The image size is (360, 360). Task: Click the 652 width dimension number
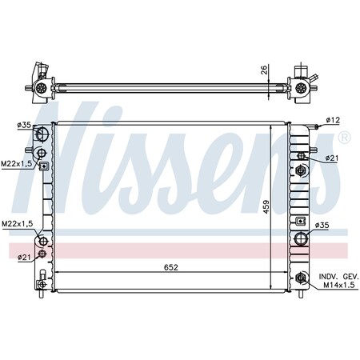[x=171, y=267]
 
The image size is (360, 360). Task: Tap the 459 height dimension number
[x=278, y=206]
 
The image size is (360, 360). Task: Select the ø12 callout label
[x=332, y=121]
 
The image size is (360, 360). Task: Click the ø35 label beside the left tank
[x=24, y=125]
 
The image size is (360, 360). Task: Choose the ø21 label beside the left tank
[x=24, y=256]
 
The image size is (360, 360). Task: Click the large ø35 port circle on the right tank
[x=302, y=237]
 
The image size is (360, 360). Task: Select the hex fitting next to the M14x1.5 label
[x=301, y=279]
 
